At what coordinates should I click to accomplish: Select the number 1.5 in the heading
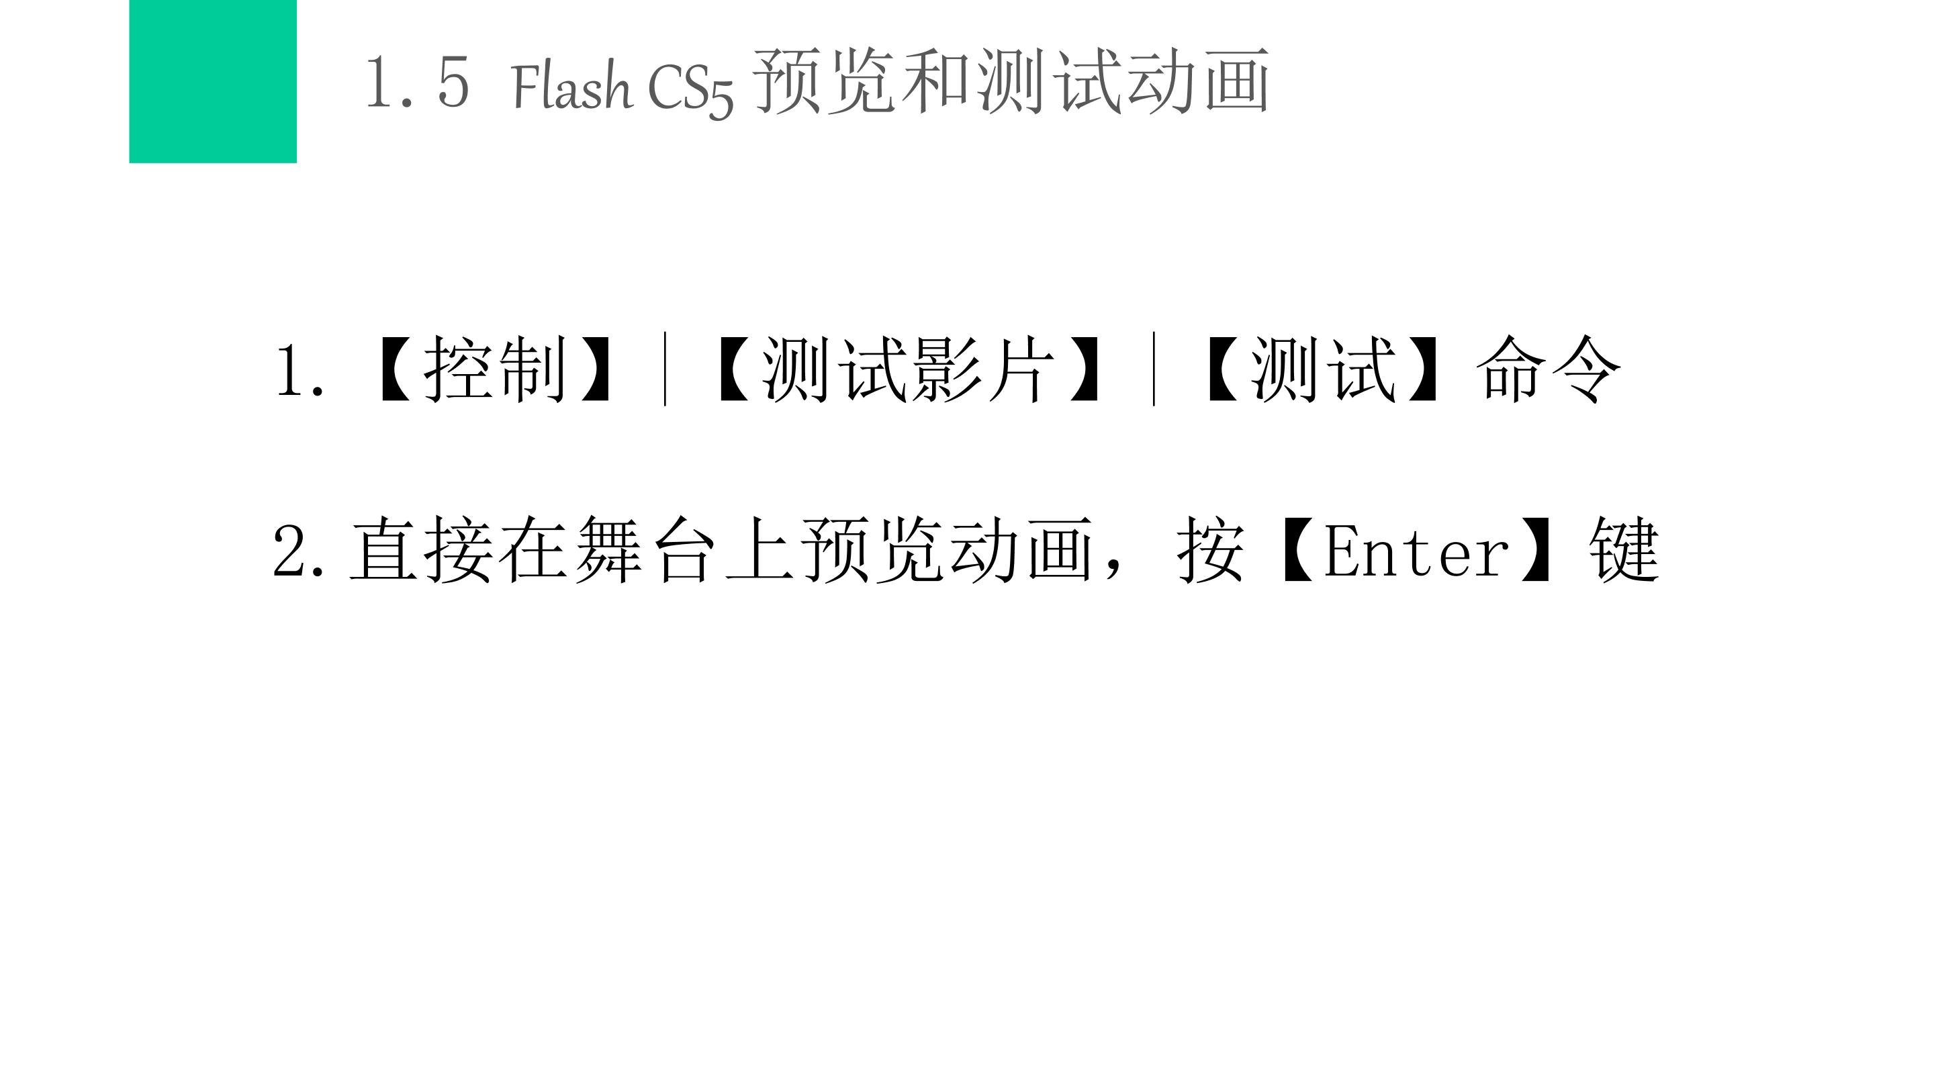(x=418, y=83)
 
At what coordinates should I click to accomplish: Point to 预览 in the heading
(x=823, y=81)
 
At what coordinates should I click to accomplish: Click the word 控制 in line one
(x=495, y=369)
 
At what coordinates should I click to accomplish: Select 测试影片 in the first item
(x=909, y=369)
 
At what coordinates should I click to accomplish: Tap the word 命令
(x=1548, y=369)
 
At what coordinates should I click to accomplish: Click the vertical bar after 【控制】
(x=665, y=369)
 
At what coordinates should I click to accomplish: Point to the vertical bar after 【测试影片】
(x=1154, y=369)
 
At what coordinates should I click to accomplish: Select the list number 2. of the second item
(x=299, y=551)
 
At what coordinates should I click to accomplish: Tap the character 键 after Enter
(x=1623, y=549)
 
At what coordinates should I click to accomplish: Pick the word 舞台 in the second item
(x=645, y=549)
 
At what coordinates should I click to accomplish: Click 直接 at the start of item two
(x=420, y=549)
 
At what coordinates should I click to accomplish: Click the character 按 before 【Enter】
(x=1210, y=549)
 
